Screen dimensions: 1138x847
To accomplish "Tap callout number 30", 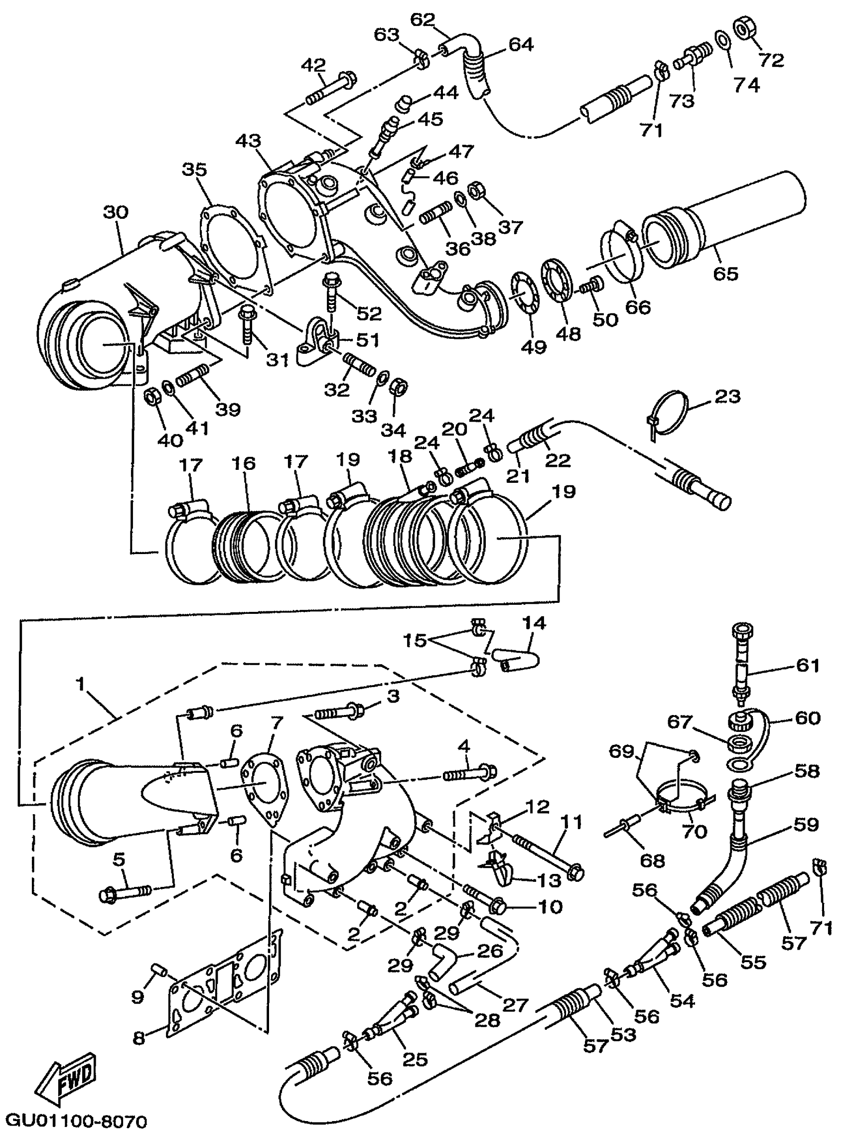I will pos(116,212).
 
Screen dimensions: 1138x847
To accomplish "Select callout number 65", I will pos(725,273).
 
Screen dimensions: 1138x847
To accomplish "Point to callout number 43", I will pos(248,141).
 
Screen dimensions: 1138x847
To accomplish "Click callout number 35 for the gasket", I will pos(195,169).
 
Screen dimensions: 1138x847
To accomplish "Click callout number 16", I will pos(243,463).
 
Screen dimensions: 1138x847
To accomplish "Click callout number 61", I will pos(808,666).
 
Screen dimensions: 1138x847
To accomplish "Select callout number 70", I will pos(695,831).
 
